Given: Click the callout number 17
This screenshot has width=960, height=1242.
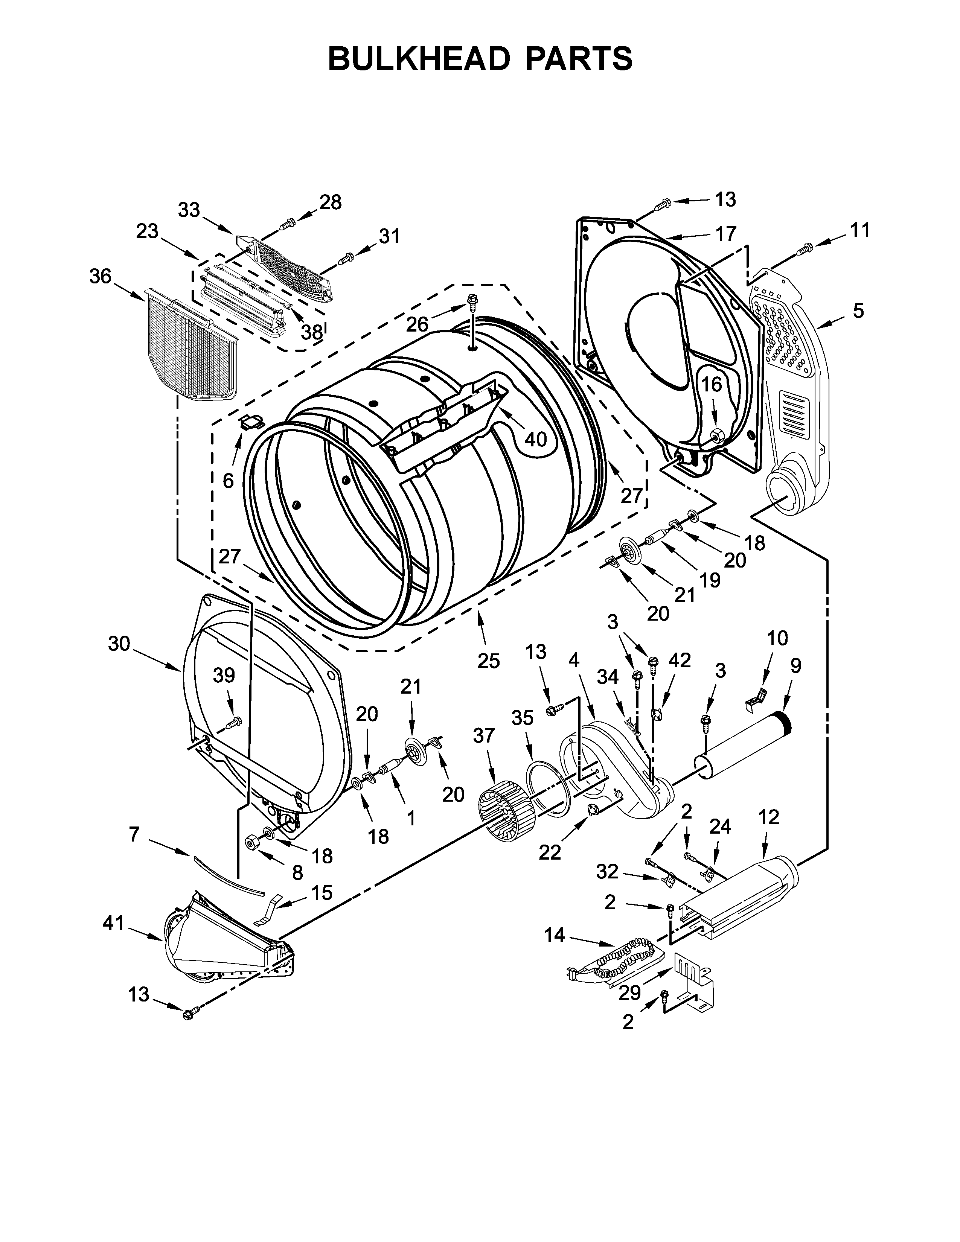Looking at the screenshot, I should pyautogui.click(x=726, y=233).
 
